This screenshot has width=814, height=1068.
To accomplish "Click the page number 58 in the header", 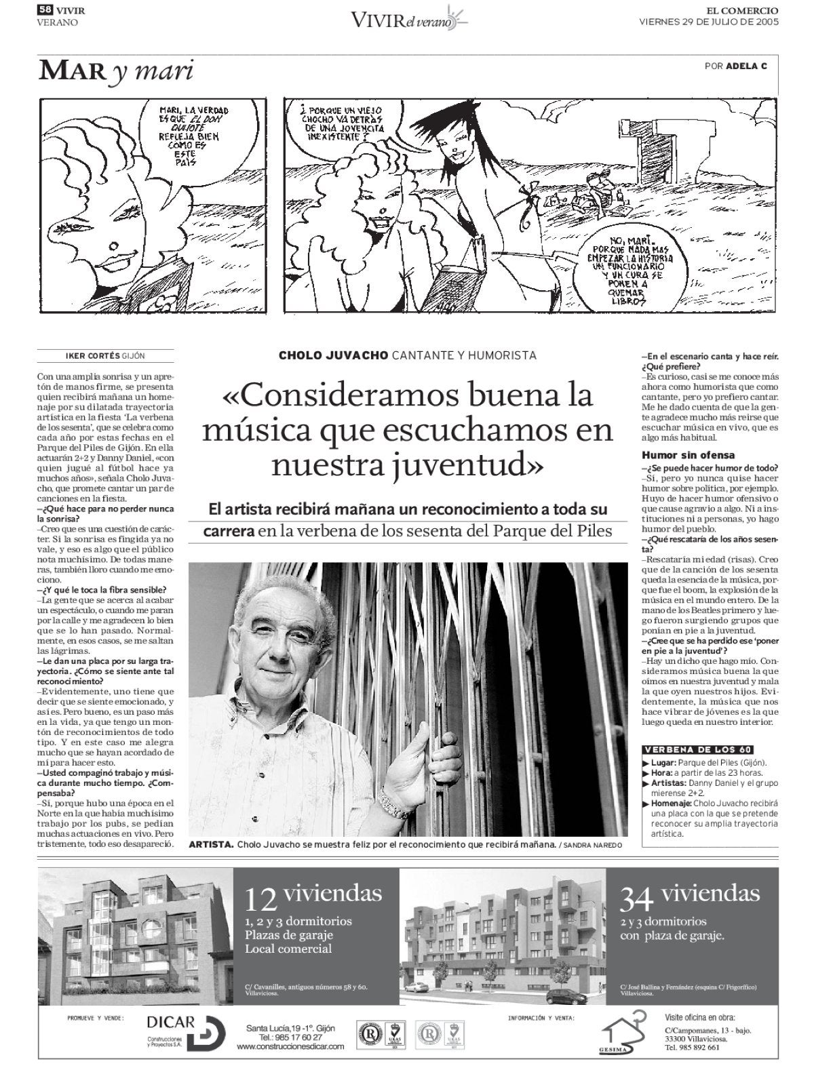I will pos(45,9).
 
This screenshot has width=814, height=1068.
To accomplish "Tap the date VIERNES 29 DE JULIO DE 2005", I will pos(709,22).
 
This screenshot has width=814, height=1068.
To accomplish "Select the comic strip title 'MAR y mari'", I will pos(115,71).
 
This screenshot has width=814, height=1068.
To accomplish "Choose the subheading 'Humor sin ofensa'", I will pos(688,456).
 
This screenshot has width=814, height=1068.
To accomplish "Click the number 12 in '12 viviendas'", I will pos(261,899).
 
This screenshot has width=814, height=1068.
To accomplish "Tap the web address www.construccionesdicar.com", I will pos(290,1046).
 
